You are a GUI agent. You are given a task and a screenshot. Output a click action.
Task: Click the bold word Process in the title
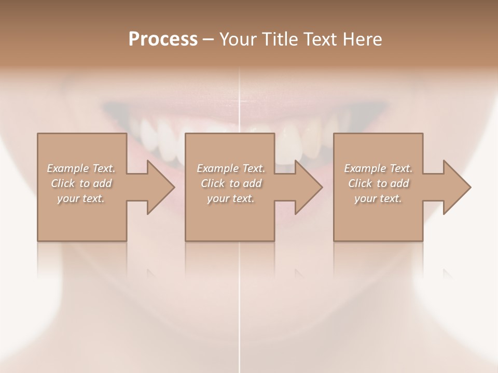coord(163,39)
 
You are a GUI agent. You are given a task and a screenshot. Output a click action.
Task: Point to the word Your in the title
coord(238,39)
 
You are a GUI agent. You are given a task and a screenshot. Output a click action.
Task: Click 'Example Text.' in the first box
coord(81,168)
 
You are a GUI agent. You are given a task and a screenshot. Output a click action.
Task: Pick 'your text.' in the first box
coord(81,198)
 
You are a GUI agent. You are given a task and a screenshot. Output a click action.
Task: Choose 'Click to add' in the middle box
coord(231,183)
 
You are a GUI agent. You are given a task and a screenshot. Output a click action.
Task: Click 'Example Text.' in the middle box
coord(231,168)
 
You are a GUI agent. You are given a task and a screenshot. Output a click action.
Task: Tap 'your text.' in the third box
coord(378,198)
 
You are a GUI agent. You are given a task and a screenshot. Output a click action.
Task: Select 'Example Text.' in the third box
coord(378,168)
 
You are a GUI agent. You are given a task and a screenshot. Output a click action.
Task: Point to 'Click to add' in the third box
coord(378,183)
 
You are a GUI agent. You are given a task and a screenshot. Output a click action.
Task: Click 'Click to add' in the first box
coord(81,183)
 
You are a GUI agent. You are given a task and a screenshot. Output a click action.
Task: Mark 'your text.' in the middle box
coord(231,198)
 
